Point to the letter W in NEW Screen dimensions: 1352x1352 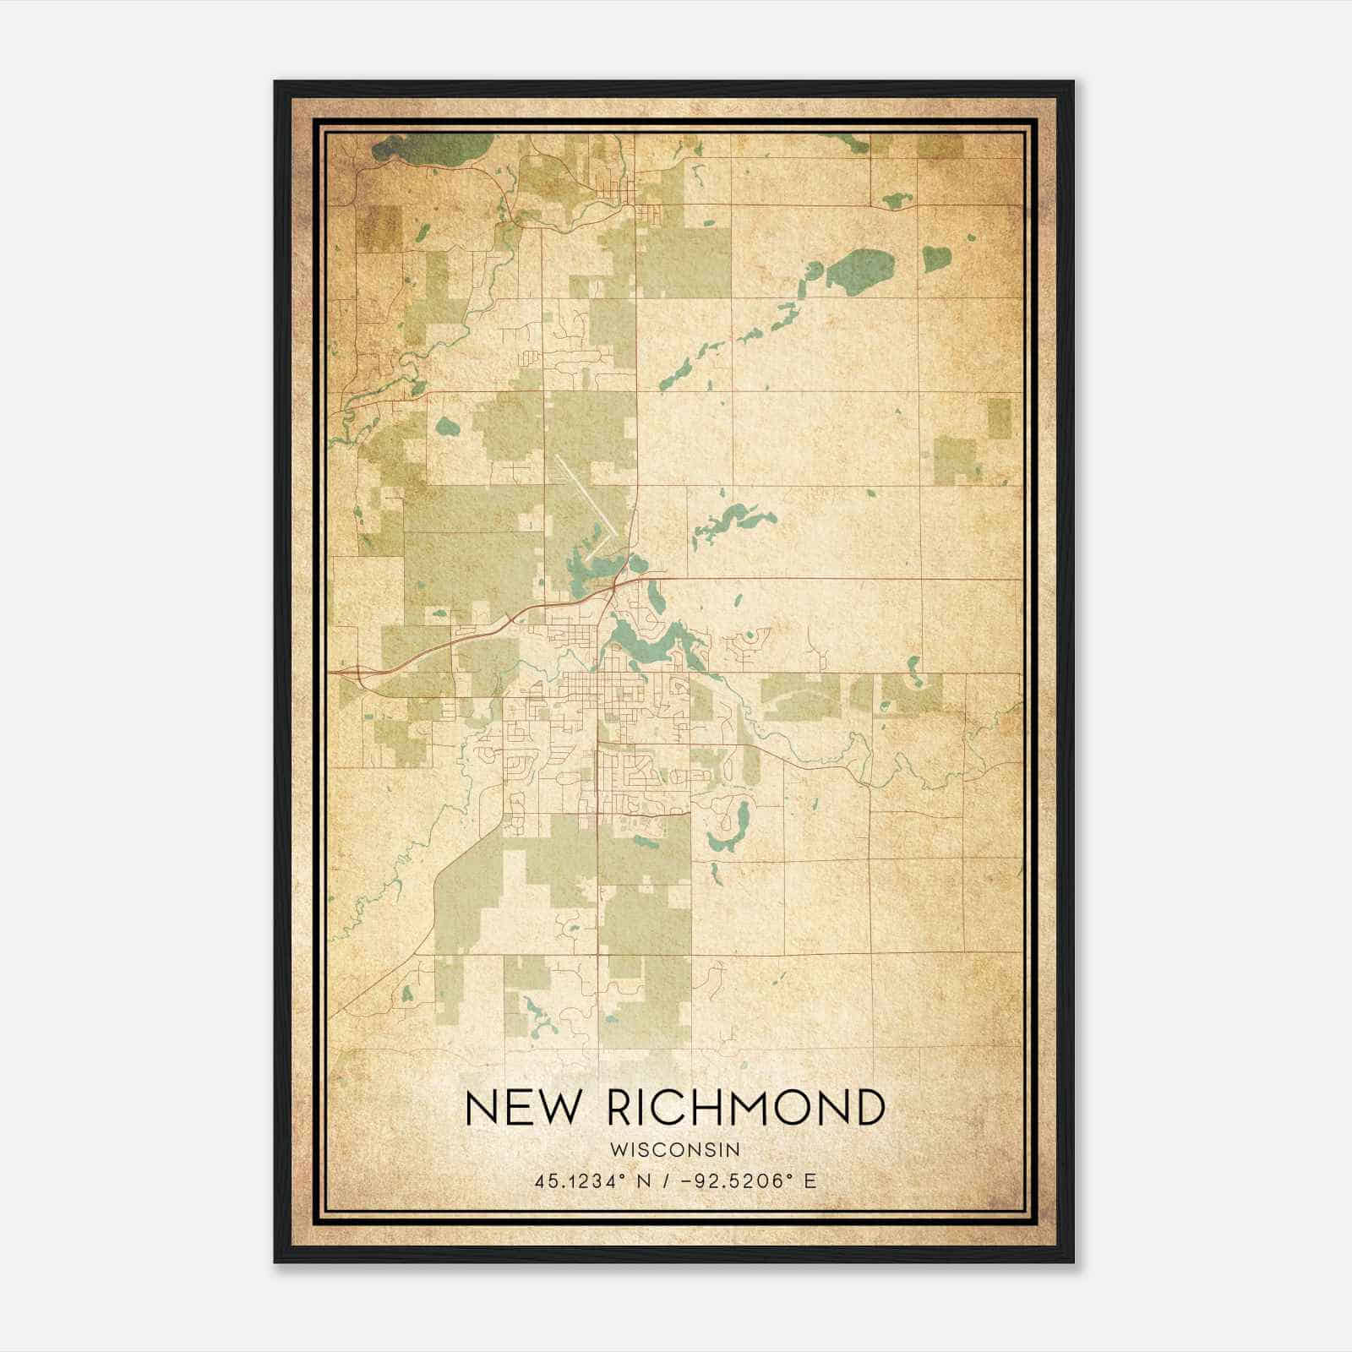[558, 1108]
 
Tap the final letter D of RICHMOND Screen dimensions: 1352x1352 [868, 1108]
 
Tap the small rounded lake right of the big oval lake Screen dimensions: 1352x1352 [936, 257]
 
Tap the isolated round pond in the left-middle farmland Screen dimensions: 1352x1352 [447, 427]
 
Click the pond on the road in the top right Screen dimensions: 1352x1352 [897, 201]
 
